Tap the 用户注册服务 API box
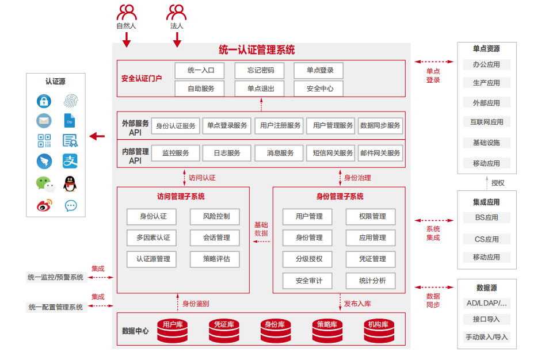click(x=280, y=126)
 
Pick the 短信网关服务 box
click(x=333, y=153)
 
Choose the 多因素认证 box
click(x=152, y=238)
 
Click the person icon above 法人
click(x=177, y=12)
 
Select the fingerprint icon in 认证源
click(x=71, y=101)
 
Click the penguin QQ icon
click(x=70, y=184)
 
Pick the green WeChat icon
click(x=45, y=184)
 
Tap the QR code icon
click(x=44, y=140)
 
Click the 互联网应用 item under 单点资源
click(x=486, y=122)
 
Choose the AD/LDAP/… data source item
click(x=486, y=303)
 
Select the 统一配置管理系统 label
click(x=56, y=307)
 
